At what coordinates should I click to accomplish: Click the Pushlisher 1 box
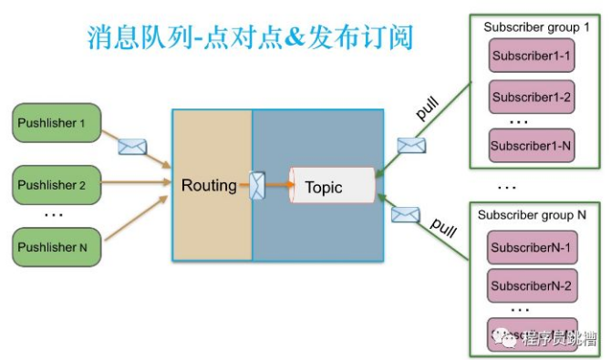click(56, 123)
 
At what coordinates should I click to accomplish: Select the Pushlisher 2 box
click(56, 185)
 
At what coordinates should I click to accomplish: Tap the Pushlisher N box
click(56, 247)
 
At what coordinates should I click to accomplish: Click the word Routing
click(209, 186)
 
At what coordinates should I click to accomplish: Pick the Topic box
click(332, 187)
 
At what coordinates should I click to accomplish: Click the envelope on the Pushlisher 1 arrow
click(133, 147)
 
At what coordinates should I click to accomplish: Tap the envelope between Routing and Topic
click(257, 186)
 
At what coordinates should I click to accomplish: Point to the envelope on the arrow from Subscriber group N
click(405, 215)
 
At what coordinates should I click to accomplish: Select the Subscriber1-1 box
click(532, 57)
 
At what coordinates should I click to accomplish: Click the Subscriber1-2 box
click(532, 97)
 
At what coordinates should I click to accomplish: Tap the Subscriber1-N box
click(532, 145)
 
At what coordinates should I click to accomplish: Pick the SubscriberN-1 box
click(531, 248)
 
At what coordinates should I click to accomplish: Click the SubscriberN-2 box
click(531, 286)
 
